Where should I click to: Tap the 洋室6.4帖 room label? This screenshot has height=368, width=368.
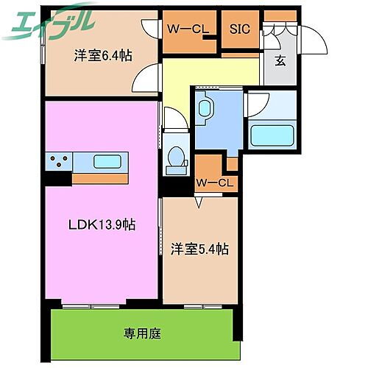click(102, 55)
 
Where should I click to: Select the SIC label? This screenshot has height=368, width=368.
click(239, 30)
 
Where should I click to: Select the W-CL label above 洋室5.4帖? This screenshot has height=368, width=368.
click(214, 182)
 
